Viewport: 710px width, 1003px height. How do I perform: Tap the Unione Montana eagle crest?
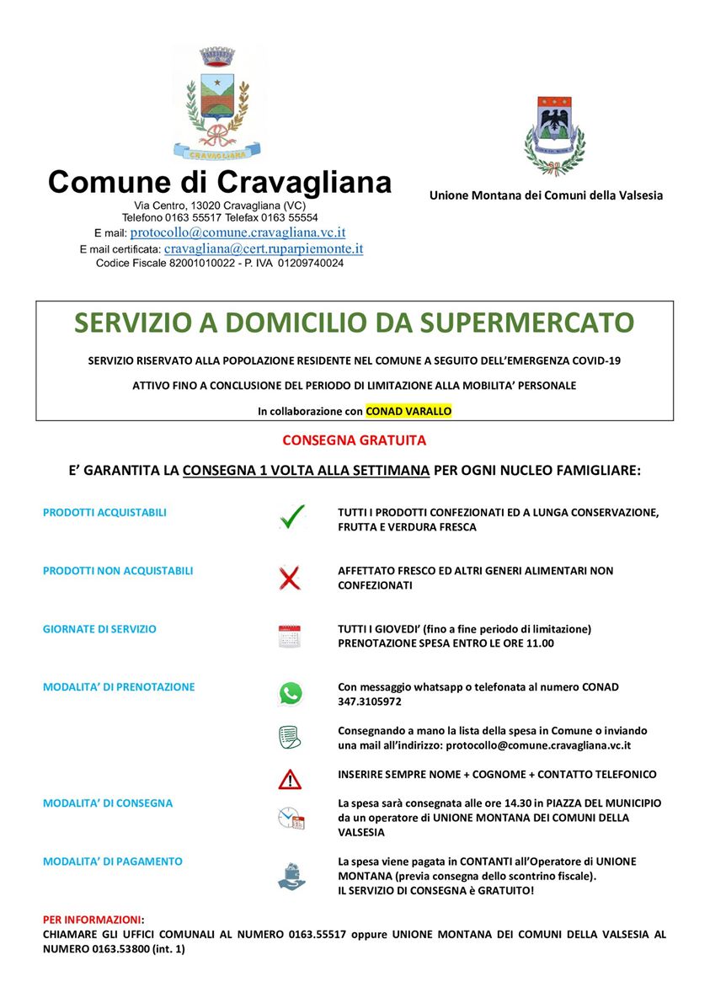[x=554, y=135]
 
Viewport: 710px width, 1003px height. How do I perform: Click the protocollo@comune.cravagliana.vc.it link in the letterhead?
[x=238, y=232]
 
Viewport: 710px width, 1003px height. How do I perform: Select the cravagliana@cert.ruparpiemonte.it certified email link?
[x=264, y=249]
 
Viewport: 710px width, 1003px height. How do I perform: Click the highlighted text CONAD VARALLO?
[x=408, y=411]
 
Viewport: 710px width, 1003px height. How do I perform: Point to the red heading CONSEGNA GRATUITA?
[x=355, y=440]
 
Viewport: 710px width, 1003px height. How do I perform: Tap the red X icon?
[x=290, y=578]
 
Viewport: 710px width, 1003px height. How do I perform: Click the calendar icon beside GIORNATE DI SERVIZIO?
[x=290, y=636]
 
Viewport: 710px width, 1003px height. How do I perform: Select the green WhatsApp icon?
[x=290, y=694]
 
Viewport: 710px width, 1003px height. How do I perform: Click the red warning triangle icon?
[x=290, y=780]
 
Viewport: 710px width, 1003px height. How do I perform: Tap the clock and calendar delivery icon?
[x=291, y=818]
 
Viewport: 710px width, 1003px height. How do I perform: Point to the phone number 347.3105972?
[x=370, y=701]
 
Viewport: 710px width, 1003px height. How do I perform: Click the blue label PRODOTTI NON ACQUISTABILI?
[x=118, y=571]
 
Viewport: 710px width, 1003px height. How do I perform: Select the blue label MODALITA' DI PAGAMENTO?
[x=112, y=862]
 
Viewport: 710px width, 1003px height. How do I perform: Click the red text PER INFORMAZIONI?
[x=93, y=919]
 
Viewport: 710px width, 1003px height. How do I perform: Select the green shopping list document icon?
[x=290, y=737]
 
